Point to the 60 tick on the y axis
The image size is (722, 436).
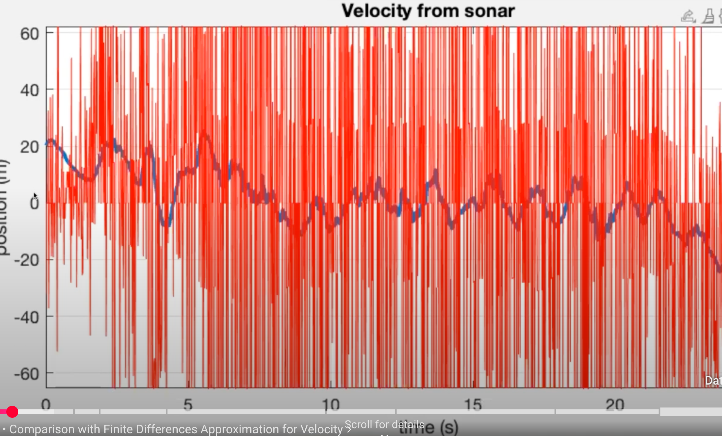click(30, 34)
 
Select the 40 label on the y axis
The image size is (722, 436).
click(30, 90)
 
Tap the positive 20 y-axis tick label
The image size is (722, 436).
click(30, 147)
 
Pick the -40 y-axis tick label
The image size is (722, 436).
click(27, 317)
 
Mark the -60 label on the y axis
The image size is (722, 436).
click(27, 374)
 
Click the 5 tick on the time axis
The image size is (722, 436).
click(188, 405)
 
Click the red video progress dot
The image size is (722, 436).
click(12, 412)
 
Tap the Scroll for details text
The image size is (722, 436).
click(384, 424)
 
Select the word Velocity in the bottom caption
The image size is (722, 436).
click(322, 429)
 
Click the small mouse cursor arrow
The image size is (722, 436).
click(35, 196)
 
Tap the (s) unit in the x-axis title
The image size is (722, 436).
click(449, 428)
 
